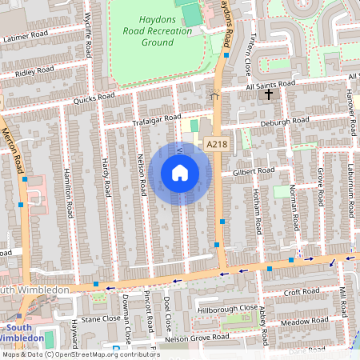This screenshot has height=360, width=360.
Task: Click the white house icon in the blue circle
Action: (x=180, y=172)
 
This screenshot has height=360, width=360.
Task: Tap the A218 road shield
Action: (x=217, y=144)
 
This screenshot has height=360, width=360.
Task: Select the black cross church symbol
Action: (x=268, y=95)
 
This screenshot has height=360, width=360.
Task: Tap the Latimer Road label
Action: (x=26, y=38)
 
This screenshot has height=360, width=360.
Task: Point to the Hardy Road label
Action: (x=105, y=178)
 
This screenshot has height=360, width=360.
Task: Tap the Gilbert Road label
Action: (x=254, y=170)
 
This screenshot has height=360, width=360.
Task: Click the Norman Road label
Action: (x=294, y=205)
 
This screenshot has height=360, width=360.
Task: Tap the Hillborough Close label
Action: (x=227, y=307)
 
